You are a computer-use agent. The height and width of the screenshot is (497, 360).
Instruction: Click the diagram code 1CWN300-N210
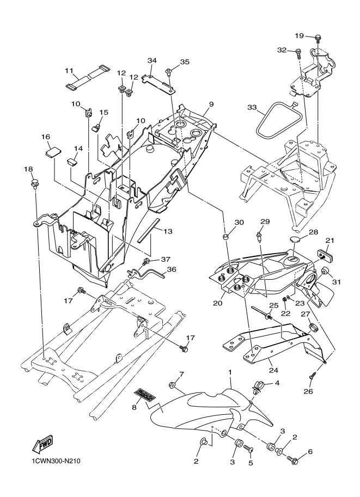(56, 461)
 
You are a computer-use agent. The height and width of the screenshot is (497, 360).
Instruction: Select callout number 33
(252, 107)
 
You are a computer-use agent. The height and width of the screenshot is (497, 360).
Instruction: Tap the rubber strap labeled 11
(88, 77)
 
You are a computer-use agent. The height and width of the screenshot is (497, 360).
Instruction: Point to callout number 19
(300, 35)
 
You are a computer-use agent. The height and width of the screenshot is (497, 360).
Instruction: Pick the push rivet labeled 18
(35, 184)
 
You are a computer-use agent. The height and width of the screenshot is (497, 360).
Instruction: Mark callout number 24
(273, 370)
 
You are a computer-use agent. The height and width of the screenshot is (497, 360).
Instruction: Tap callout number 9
(211, 104)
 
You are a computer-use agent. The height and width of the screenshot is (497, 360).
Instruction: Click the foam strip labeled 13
(147, 230)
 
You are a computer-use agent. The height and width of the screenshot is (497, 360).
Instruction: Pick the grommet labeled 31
(326, 272)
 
